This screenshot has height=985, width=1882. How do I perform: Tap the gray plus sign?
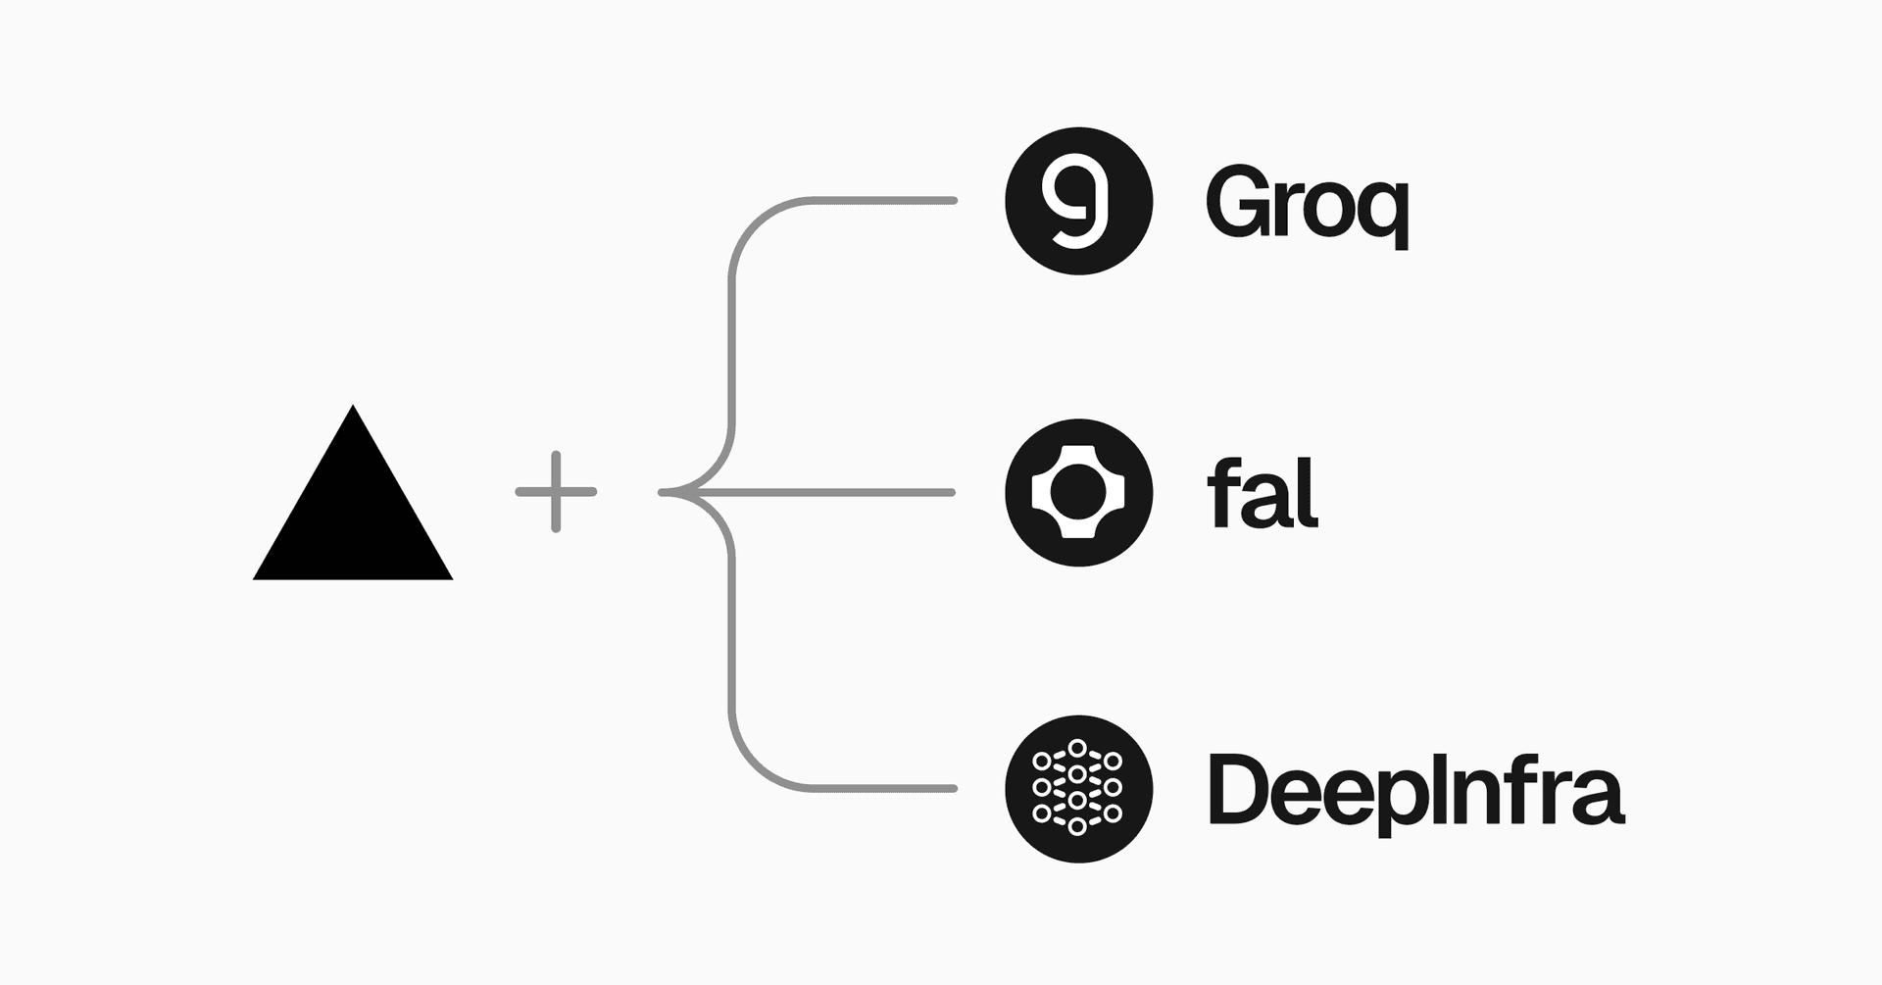[x=556, y=492]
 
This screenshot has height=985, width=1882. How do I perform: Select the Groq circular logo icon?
[x=1078, y=201]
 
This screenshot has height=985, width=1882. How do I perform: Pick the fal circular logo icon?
[x=1078, y=492]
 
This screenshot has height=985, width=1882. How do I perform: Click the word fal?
[x=1263, y=495]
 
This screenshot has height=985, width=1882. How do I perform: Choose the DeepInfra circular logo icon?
[x=1078, y=789]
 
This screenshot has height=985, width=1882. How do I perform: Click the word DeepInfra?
[x=1416, y=791]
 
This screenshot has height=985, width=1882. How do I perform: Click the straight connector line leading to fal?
[x=833, y=492]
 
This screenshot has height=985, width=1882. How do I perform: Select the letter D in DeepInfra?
[x=1238, y=789]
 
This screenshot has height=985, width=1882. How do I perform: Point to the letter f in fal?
[x=1221, y=495]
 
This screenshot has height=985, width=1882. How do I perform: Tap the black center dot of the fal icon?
[x=1078, y=492]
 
